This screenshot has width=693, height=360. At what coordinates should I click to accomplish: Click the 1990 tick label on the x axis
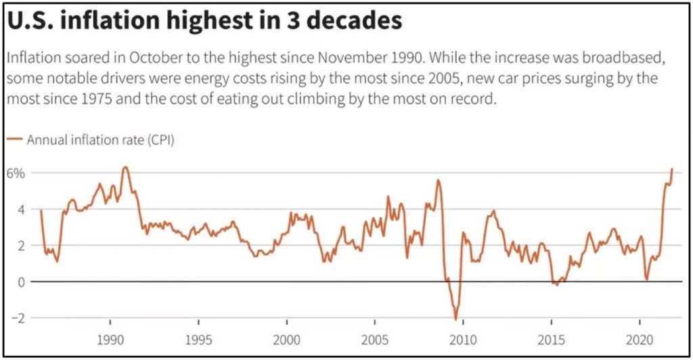pos(109,338)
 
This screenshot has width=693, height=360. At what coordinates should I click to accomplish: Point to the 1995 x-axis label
pos(198,338)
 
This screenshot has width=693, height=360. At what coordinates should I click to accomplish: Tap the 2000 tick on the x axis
pos(286,338)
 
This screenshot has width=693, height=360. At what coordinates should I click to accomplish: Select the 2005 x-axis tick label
pos(375,338)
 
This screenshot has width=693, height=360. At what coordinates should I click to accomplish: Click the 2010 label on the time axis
pos(464,338)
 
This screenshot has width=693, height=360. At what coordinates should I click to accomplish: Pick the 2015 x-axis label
pos(552,338)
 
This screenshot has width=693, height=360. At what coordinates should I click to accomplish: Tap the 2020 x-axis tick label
pos(641,338)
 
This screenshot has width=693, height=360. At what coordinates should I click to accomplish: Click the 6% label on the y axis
pos(16,173)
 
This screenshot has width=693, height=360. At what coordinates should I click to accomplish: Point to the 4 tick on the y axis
pos(20,209)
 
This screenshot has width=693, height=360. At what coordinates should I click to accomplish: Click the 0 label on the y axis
pos(20,282)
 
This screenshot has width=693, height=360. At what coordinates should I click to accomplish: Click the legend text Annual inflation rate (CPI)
pos(101,140)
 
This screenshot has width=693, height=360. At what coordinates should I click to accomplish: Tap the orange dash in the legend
pos(14,140)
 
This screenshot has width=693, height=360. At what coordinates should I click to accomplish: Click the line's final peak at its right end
pos(672,168)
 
